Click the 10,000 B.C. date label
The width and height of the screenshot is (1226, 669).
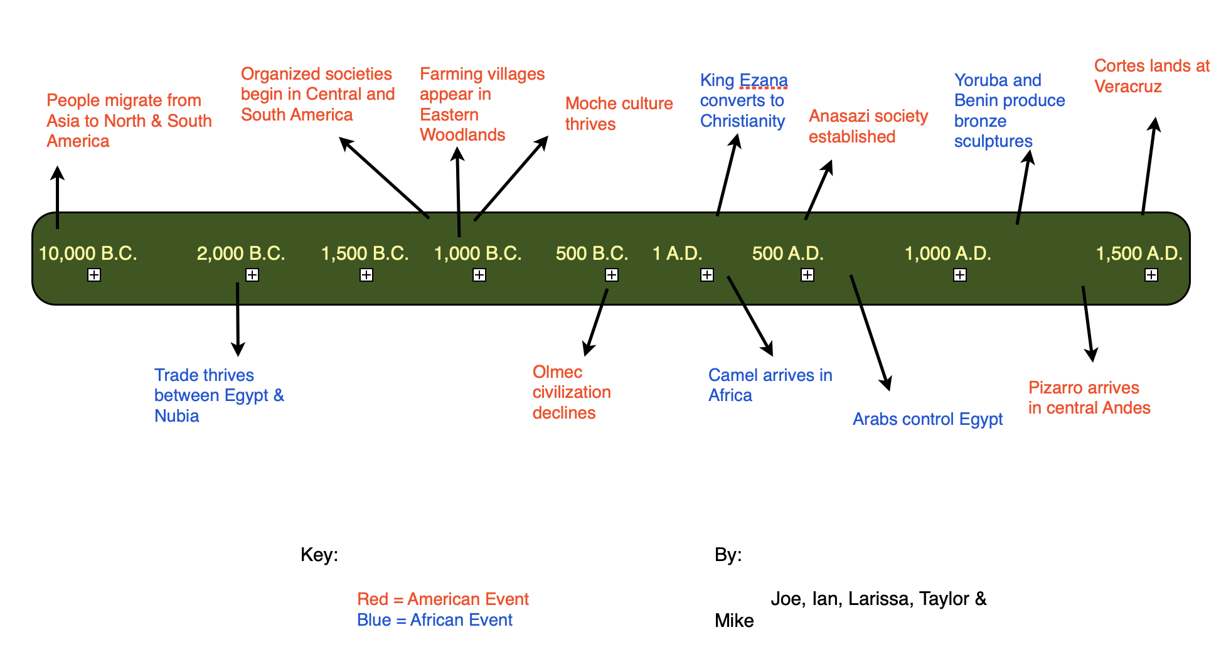pos(88,254)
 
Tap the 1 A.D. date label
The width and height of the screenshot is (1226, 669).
pos(677,254)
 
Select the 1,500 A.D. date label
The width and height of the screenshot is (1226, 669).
pos(1139,254)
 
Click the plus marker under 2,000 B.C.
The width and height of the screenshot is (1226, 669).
pos(252,275)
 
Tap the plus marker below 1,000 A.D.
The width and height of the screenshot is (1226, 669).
pos(959,275)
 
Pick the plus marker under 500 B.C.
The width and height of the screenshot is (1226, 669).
pos(612,275)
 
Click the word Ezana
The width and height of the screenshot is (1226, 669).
pos(763,80)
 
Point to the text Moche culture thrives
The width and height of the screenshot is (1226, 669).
pos(618,114)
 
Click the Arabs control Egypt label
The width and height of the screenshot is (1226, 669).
pos(927,419)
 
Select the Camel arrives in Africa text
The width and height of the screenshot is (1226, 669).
pos(770,385)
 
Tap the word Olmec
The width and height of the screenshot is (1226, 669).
pos(557,372)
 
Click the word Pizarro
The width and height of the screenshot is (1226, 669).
pos(1053,388)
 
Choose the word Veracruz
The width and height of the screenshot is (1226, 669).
pos(1127,87)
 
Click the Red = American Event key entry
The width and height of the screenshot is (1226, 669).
pos(442,599)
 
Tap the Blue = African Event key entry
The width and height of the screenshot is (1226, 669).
pos(434,620)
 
